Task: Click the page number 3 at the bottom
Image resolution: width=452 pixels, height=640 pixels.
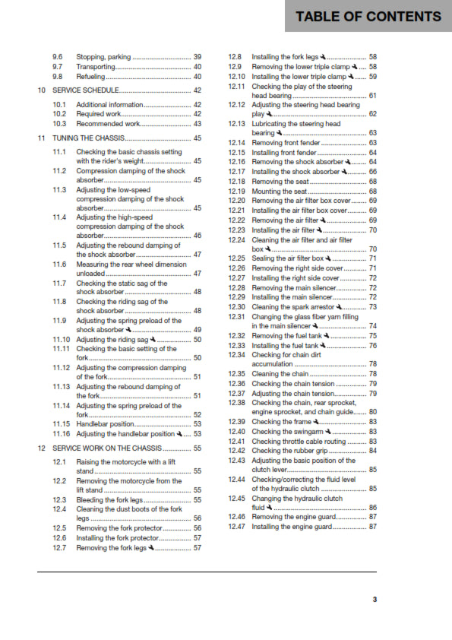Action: click(x=375, y=600)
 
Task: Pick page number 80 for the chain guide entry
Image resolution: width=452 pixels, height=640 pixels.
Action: click(x=372, y=412)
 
